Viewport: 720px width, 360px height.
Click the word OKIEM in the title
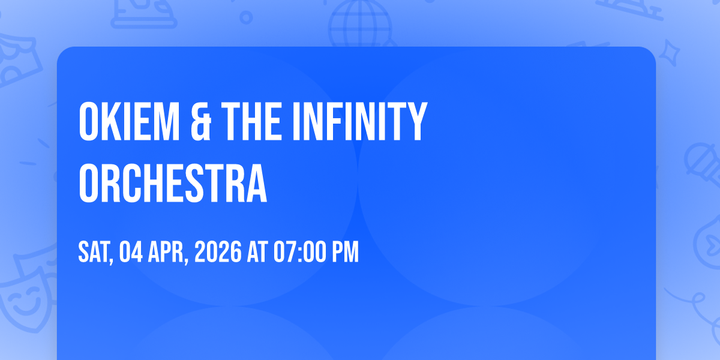[x=129, y=121]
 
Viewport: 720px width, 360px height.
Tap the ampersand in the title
[x=201, y=121]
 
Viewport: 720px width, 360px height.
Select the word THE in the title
[x=251, y=121]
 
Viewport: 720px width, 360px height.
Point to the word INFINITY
[x=359, y=121]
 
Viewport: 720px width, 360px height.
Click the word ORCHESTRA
[x=173, y=183]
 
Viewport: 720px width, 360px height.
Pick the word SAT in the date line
[x=95, y=253]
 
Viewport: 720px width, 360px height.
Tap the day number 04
[x=131, y=253]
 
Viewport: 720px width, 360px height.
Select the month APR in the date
[x=167, y=253]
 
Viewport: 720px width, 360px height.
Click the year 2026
[x=218, y=253]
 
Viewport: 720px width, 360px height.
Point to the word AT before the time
[x=257, y=253]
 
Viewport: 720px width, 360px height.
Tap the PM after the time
[x=345, y=253]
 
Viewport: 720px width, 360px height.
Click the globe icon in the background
[x=361, y=24]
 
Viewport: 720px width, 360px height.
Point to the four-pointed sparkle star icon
[x=669, y=53]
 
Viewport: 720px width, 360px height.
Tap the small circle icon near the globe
[x=246, y=17]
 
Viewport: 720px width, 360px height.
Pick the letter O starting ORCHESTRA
[x=88, y=183]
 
